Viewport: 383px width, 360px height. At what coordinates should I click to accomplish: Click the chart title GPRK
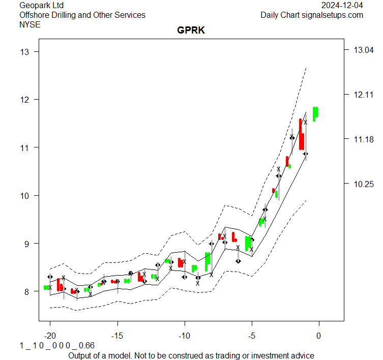click(x=191, y=31)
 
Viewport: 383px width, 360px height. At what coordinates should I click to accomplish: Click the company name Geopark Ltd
click(x=42, y=6)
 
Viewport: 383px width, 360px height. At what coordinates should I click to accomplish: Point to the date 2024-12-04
click(x=342, y=6)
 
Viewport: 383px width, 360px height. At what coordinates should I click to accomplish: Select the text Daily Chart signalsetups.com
click(x=312, y=15)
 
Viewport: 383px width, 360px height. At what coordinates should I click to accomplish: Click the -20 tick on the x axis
click(x=50, y=336)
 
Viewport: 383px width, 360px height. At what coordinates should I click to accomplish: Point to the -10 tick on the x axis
click(x=184, y=336)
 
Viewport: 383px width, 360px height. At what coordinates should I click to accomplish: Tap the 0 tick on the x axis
click(x=319, y=336)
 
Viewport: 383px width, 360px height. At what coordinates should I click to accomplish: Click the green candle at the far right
click(x=315, y=114)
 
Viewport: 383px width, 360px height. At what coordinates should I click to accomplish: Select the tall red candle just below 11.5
click(x=301, y=135)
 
